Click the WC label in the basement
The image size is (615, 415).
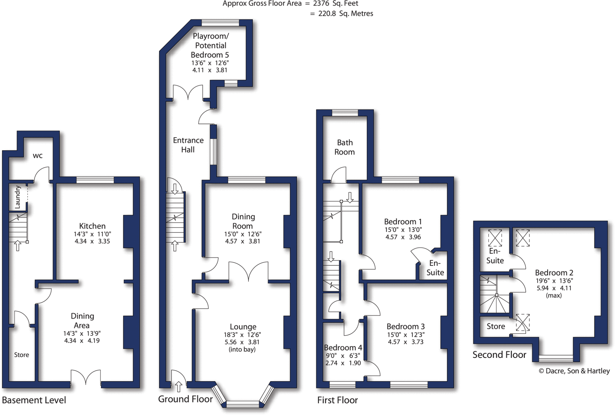pyautogui.click(x=38, y=156)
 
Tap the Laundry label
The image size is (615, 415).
pyautogui.click(x=17, y=197)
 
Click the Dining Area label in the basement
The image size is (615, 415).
pyautogui.click(x=82, y=321)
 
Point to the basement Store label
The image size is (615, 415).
pyautogui.click(x=22, y=355)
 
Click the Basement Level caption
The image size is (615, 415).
pyautogui.click(x=34, y=400)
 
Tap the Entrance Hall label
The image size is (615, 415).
pyautogui.click(x=188, y=145)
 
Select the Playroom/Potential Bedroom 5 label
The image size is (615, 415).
pyautogui.click(x=210, y=45)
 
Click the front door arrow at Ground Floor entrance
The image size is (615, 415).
pyautogui.click(x=179, y=386)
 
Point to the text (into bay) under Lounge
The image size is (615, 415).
pyautogui.click(x=242, y=349)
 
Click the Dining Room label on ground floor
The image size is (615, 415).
pyautogui.click(x=243, y=221)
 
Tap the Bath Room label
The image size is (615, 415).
pyautogui.click(x=345, y=147)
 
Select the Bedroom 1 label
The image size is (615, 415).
pyautogui.click(x=403, y=222)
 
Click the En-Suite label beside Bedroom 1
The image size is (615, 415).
pyautogui.click(x=435, y=268)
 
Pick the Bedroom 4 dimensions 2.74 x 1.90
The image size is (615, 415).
pyautogui.click(x=343, y=363)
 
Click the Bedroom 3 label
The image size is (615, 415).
pyautogui.click(x=405, y=326)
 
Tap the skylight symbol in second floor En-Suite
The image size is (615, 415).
pyautogui.click(x=495, y=238)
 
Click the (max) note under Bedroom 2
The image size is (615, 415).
pyautogui.click(x=554, y=295)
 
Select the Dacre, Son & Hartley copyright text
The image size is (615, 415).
pyautogui.click(x=574, y=371)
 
